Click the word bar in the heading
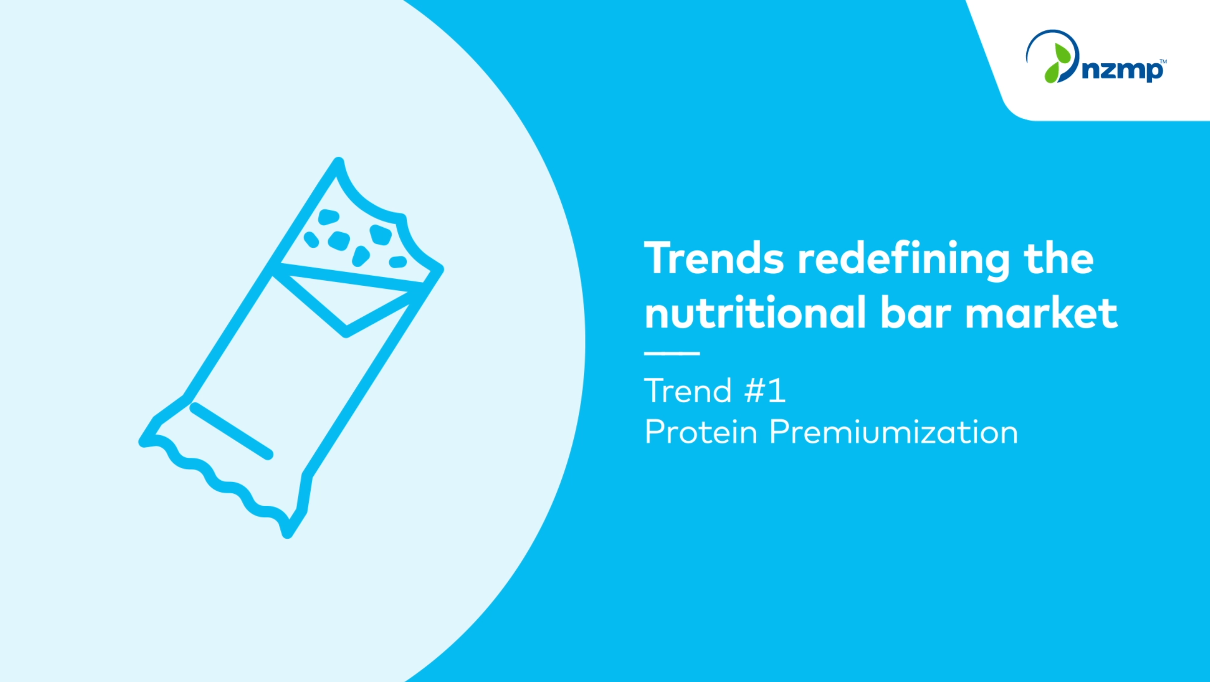916,312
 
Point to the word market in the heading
1041,312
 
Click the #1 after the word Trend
765,391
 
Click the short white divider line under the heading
672,353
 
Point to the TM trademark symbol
1163,62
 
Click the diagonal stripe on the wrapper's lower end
232,431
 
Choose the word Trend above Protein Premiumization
688,391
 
